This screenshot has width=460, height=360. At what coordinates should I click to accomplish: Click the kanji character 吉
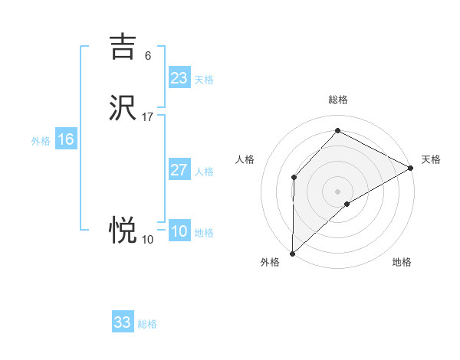click(123, 46)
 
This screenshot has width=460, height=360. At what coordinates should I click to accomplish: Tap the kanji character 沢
click(123, 108)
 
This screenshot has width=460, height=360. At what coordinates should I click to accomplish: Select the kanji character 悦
click(123, 229)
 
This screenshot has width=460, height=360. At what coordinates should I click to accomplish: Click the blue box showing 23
click(179, 78)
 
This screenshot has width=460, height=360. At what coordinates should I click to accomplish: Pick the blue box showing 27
click(179, 170)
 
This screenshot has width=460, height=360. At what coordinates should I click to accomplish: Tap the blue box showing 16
click(66, 139)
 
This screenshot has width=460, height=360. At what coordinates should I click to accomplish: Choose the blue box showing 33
click(123, 322)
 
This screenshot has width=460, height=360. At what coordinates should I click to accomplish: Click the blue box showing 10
click(179, 232)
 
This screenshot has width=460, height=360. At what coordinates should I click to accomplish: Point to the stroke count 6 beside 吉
click(148, 56)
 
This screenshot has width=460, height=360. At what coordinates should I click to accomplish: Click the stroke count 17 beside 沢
click(148, 117)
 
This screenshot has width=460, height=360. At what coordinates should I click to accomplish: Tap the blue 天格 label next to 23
click(204, 80)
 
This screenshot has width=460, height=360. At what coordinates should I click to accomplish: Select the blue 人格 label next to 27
click(204, 172)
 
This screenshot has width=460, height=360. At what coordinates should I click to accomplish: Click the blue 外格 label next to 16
click(41, 141)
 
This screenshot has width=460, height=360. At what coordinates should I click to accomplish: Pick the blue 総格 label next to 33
click(147, 324)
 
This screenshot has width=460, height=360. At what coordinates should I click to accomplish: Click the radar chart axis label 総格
click(338, 100)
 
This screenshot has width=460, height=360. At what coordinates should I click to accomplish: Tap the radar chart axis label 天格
click(431, 159)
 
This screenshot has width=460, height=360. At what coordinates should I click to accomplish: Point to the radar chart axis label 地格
click(402, 263)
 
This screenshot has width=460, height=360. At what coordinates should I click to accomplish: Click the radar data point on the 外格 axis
click(292, 254)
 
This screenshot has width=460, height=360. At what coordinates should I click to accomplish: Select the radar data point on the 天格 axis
click(411, 168)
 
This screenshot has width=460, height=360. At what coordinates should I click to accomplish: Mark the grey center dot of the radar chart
click(338, 191)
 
